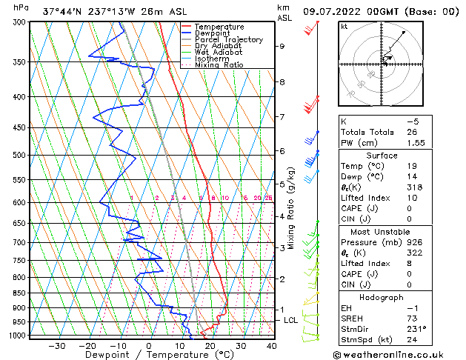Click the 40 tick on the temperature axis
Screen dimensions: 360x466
272,346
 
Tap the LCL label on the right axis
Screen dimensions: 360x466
291,320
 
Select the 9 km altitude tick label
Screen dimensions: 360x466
282,46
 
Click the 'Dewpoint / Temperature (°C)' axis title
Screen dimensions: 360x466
148,356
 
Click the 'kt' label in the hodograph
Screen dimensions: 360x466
344,27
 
